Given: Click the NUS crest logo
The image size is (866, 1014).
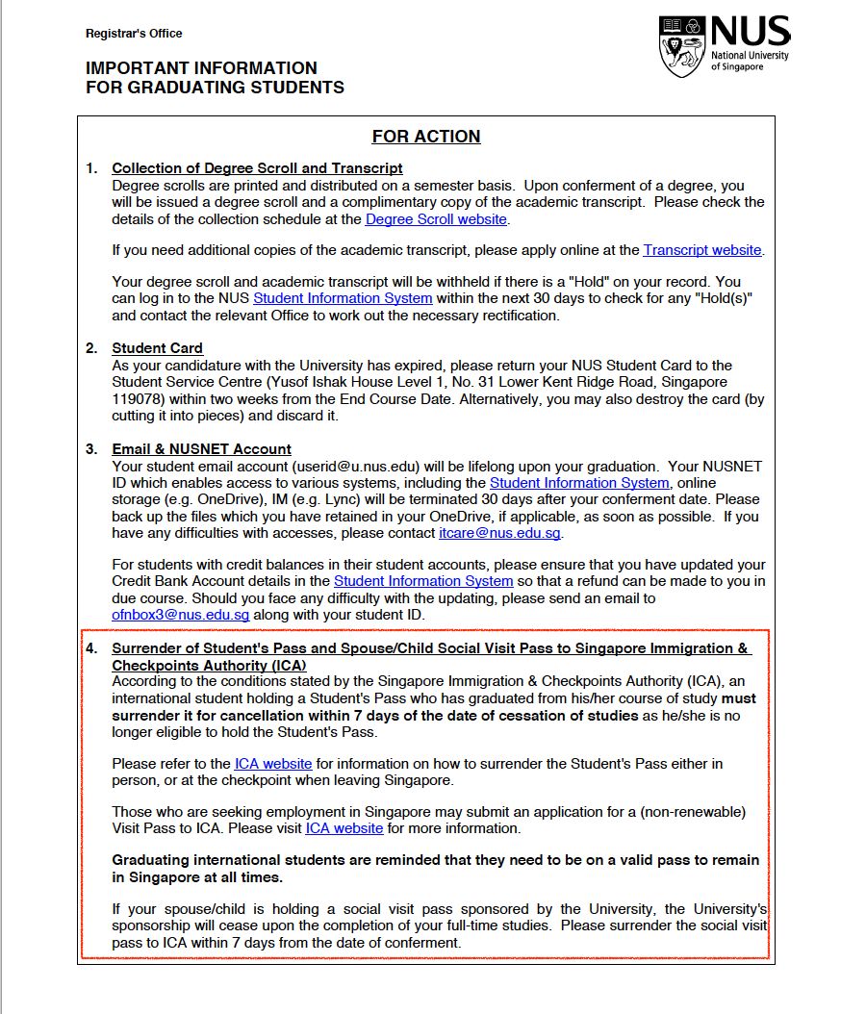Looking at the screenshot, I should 683,46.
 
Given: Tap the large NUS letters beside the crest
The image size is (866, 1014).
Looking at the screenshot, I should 750,33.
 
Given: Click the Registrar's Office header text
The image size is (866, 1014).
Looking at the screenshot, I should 134,34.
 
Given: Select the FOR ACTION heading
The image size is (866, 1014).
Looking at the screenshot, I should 426,137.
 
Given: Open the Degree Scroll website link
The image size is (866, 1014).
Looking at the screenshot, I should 436,219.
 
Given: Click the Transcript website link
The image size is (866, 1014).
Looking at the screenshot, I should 702,250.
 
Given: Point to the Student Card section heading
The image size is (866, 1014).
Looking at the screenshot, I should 157,348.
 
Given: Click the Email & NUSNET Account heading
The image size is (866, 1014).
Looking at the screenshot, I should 201,449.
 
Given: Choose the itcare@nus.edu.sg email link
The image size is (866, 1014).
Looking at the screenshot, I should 500,533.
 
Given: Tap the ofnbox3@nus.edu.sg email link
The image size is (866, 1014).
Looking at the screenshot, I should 181,615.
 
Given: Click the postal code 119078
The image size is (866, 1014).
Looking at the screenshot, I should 140,399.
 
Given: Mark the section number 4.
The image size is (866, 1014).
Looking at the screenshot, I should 91,648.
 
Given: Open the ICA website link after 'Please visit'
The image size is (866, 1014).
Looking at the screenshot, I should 344,828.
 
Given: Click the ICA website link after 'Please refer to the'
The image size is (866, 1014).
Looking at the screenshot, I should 273,764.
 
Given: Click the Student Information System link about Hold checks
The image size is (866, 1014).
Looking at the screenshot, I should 343,298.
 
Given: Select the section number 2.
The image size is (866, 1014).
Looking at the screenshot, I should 91,348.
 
